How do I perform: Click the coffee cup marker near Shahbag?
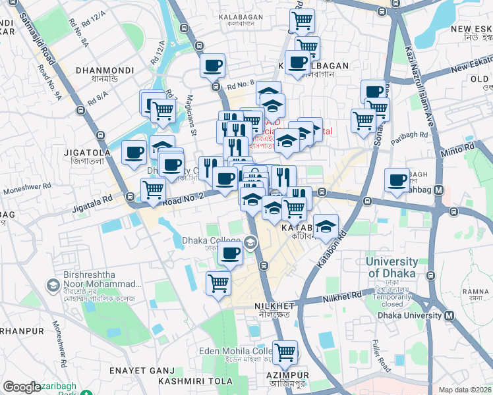click(x=397, y=180)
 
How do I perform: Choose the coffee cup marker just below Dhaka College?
click(x=229, y=253)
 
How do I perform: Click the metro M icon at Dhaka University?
click(x=449, y=315)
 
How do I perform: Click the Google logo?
click(x=22, y=388)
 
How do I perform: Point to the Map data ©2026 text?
click(x=465, y=390)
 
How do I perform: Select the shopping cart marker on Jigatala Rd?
click(x=153, y=190)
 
